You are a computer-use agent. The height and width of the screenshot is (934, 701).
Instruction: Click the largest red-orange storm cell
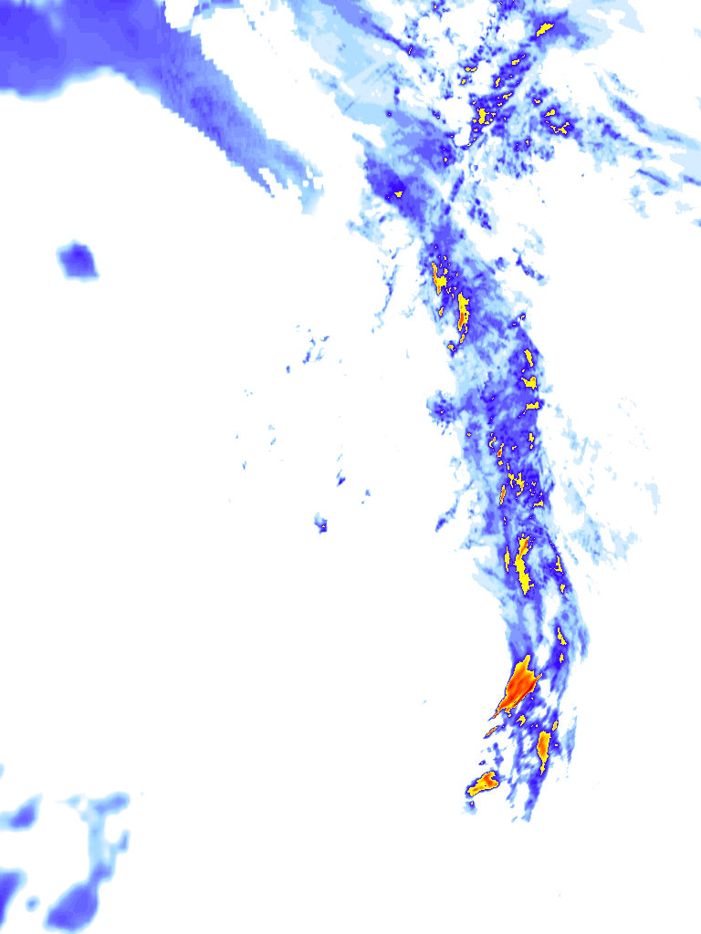tap(519, 685)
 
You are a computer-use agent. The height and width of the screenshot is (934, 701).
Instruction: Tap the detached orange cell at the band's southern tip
tap(483, 783)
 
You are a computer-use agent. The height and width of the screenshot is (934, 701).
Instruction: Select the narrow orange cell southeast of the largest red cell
tap(543, 745)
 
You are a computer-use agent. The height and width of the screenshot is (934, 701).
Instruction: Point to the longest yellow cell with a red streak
tap(523, 563)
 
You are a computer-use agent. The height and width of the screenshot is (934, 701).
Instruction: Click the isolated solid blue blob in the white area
tap(78, 261)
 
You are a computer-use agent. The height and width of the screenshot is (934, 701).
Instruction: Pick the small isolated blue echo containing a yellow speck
tap(321, 524)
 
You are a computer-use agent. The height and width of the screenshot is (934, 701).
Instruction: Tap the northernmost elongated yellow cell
tap(546, 29)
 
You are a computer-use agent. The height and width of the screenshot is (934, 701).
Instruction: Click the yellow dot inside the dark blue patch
tap(398, 193)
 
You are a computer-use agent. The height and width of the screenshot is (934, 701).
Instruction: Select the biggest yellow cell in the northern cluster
tap(484, 116)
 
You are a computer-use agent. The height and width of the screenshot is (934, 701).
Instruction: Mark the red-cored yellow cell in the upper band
tap(463, 311)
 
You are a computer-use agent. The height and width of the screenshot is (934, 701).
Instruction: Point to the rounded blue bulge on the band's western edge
tap(442, 404)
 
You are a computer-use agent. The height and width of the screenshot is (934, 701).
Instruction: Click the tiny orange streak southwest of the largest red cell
tap(491, 731)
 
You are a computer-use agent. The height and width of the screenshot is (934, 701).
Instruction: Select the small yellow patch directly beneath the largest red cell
tap(521, 720)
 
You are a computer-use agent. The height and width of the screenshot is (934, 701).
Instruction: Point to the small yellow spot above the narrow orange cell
tap(553, 725)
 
